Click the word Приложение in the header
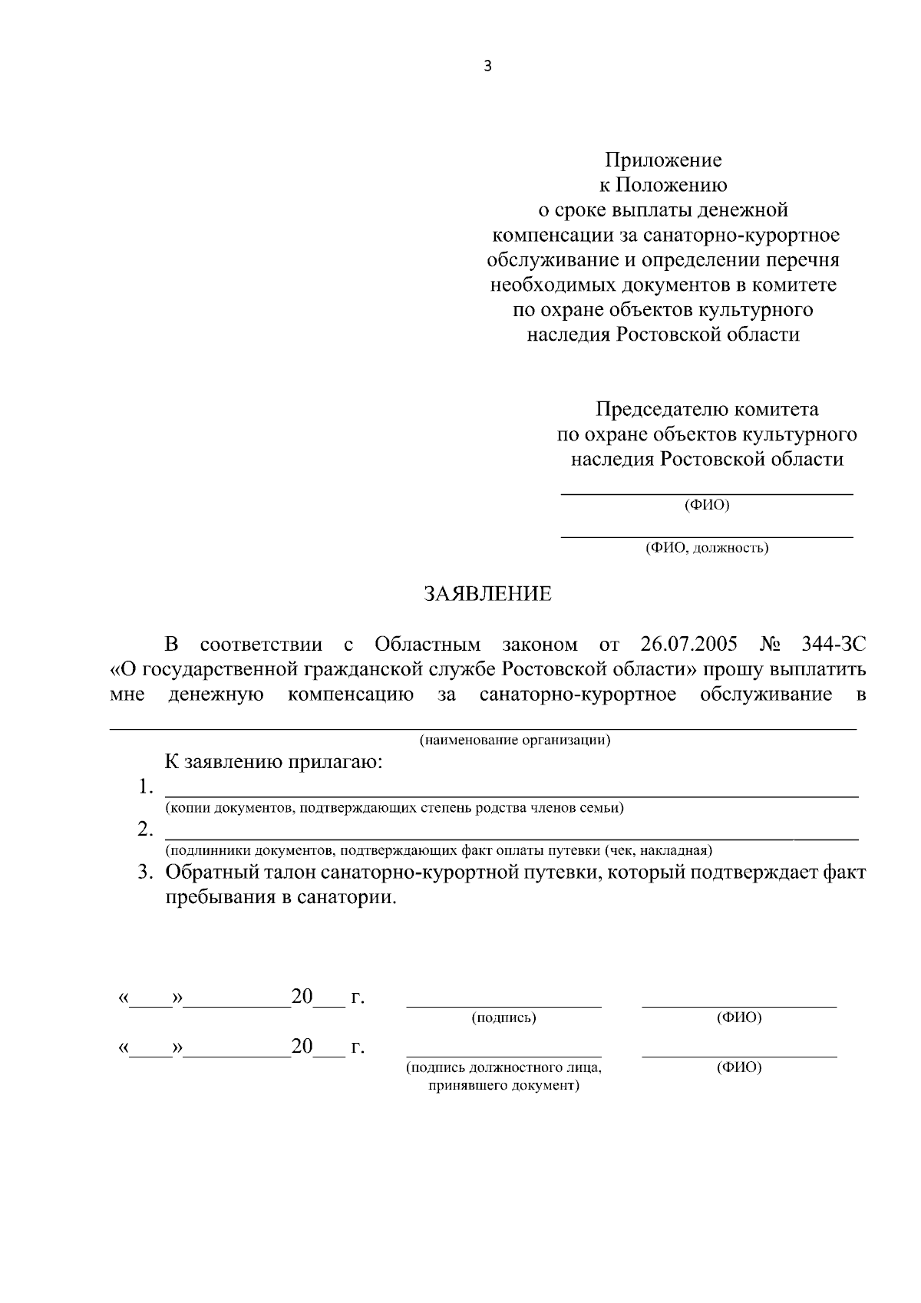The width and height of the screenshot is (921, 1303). [x=663, y=160]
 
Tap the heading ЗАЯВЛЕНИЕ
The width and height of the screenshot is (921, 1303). [x=488, y=594]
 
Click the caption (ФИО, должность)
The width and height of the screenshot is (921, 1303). [x=707, y=548]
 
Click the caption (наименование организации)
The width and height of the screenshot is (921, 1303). [x=515, y=741]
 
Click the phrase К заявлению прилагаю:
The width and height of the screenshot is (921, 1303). [x=272, y=763]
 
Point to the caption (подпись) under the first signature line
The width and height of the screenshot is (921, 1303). [x=503, y=1018]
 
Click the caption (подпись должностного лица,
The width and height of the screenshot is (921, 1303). [x=503, y=1067]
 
